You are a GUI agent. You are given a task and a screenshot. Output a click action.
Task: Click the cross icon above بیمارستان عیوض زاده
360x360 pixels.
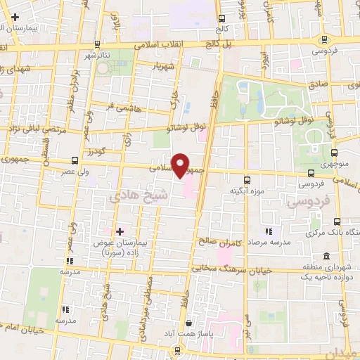tap(120, 231)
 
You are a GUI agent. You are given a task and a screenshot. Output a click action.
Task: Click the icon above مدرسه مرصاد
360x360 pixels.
tap(268, 231)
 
